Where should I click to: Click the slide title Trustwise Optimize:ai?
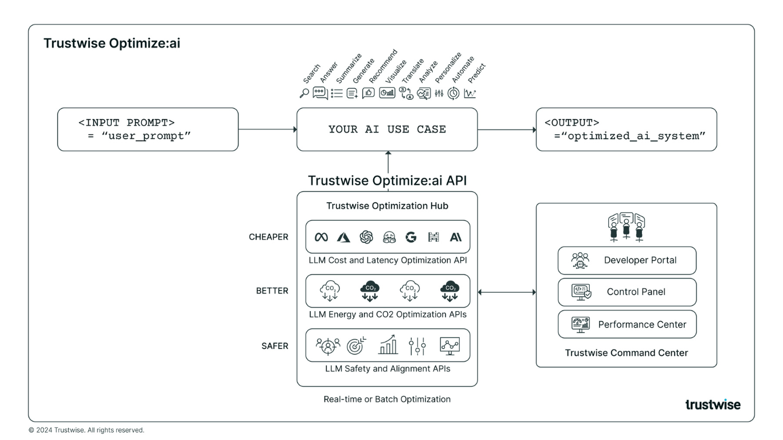point(112,44)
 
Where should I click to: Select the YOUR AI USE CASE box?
point(387,129)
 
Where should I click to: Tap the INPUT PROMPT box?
point(148,129)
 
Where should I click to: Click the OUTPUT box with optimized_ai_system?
point(626,129)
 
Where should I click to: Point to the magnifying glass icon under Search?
point(304,93)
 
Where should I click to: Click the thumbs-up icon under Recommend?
point(368,93)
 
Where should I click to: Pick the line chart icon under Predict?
point(470,93)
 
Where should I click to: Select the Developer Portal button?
point(627,260)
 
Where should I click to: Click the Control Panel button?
point(627,292)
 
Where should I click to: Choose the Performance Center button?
point(627,324)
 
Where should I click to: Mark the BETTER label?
point(272,291)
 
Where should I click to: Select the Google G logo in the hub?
point(410,237)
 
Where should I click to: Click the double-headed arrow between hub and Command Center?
point(507,292)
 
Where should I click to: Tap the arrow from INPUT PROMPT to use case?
point(267,129)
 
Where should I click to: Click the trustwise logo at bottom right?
point(712,404)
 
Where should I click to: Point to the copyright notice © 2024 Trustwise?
point(86,430)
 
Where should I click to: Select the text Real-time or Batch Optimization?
point(387,399)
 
